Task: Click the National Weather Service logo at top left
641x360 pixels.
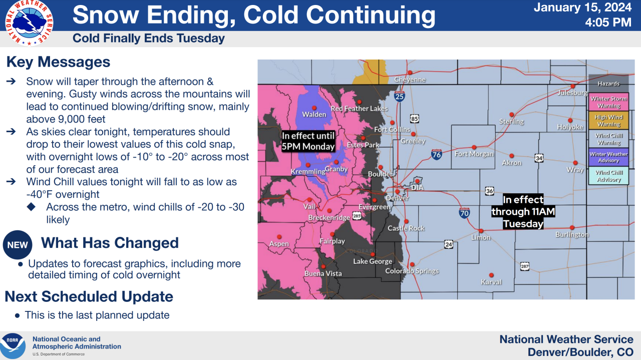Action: pyautogui.click(x=29, y=22)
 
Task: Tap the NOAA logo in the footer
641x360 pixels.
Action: pyautogui.click(x=13, y=345)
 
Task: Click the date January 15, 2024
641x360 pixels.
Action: pyautogui.click(x=582, y=8)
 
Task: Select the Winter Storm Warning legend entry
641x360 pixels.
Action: pyautogui.click(x=608, y=102)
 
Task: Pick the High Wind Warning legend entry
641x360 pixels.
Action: pyautogui.click(x=608, y=121)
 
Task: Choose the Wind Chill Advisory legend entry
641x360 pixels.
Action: pyautogui.click(x=608, y=176)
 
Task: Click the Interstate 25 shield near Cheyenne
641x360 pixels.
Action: pyautogui.click(x=399, y=96)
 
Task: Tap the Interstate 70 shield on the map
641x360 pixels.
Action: pyautogui.click(x=464, y=213)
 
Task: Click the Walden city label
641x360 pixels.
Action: pyautogui.click(x=314, y=115)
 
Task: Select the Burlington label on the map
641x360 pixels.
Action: pyautogui.click(x=572, y=234)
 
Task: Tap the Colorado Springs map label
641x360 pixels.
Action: pyautogui.click(x=412, y=271)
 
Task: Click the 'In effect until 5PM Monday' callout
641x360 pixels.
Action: pyautogui.click(x=307, y=141)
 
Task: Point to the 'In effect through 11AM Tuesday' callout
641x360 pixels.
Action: pyautogui.click(x=523, y=212)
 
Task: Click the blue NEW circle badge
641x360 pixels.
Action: pyautogui.click(x=18, y=245)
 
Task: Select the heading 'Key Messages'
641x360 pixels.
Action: pyautogui.click(x=58, y=62)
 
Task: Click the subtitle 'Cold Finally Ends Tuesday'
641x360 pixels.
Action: pyautogui.click(x=149, y=39)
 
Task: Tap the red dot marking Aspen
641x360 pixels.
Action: pyautogui.click(x=279, y=237)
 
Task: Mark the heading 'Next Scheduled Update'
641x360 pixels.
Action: pyautogui.click(x=89, y=296)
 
